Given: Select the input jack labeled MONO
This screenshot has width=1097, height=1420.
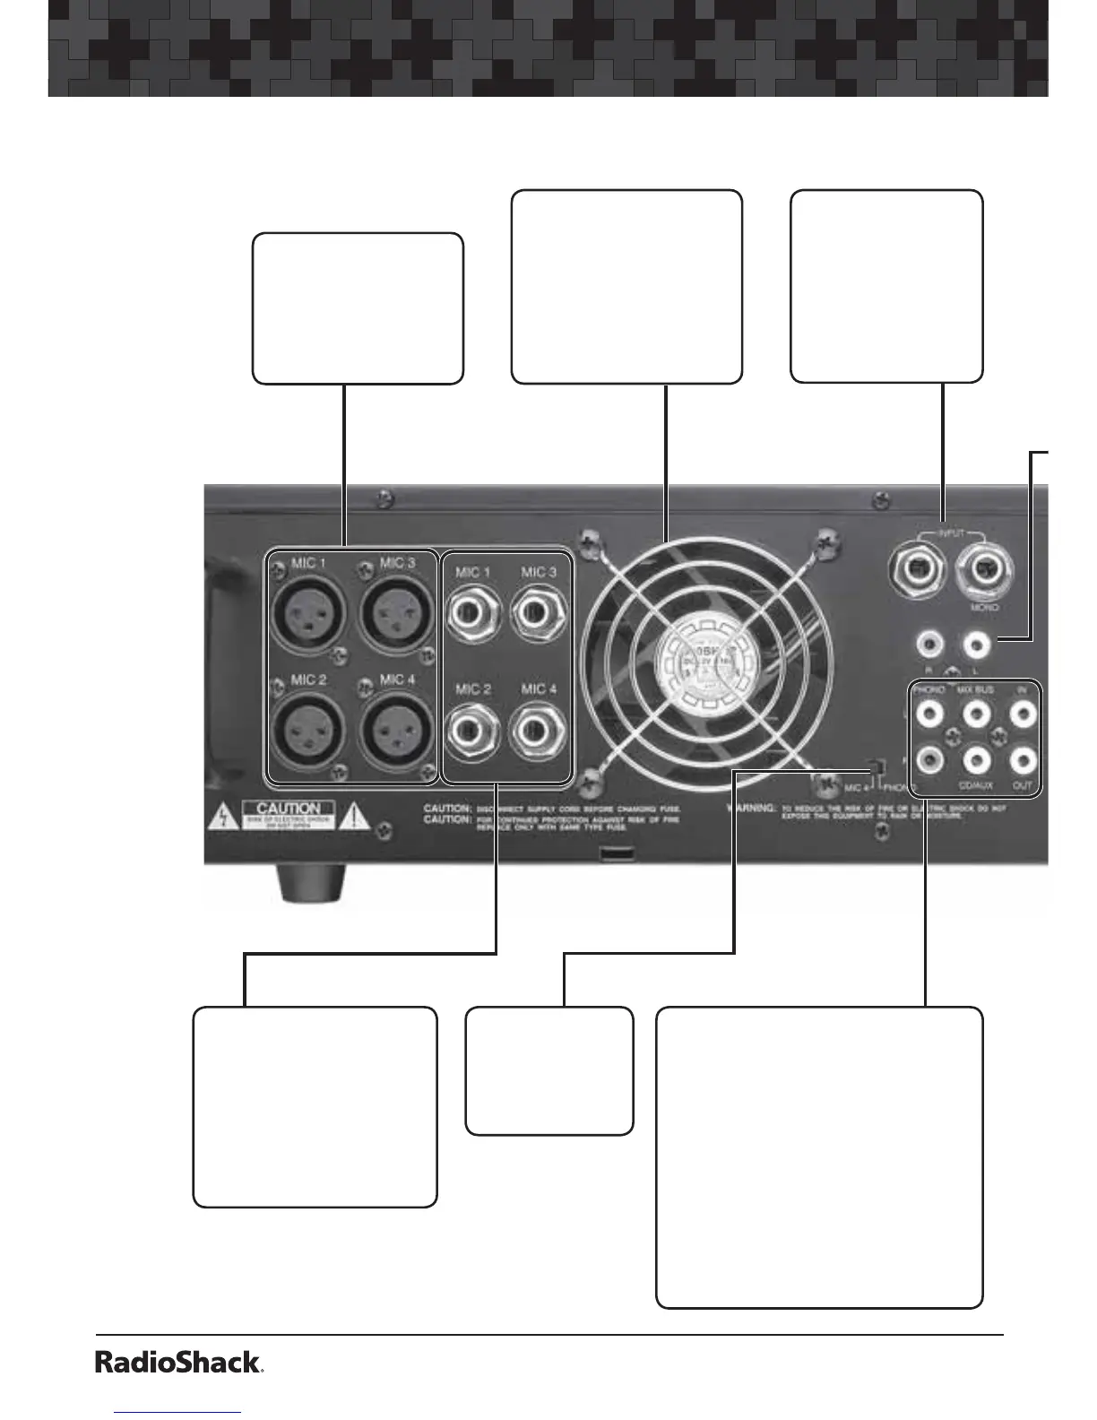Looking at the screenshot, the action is click(983, 569).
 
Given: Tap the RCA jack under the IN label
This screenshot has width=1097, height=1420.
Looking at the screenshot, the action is click(1023, 714).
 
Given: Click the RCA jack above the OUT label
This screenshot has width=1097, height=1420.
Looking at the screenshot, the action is click(1023, 761).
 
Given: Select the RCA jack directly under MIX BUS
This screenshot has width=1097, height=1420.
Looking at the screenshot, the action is click(976, 714).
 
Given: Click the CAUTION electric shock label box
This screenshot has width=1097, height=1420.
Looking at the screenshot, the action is click(289, 814).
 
